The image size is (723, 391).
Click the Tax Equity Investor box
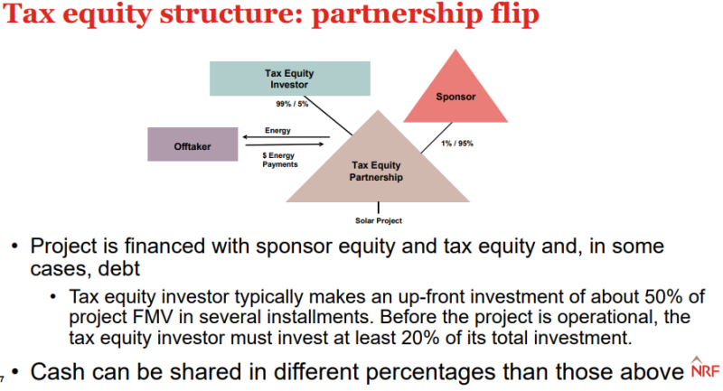click(x=285, y=78)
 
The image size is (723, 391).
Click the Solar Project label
click(x=378, y=220)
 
